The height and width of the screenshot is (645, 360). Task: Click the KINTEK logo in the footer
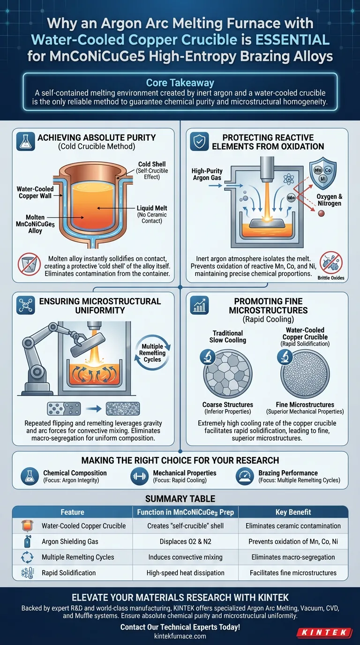click(x=324, y=632)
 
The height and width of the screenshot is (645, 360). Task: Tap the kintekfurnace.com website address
click(x=180, y=636)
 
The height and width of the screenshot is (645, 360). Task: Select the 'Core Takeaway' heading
click(x=180, y=82)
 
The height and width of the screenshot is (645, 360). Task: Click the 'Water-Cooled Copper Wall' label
click(x=35, y=192)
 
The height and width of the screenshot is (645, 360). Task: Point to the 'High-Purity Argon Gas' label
click(x=207, y=174)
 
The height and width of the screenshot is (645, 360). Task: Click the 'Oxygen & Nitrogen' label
click(x=330, y=200)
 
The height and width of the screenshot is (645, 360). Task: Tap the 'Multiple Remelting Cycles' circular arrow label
click(x=152, y=352)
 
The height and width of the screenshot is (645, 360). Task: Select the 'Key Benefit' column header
click(x=293, y=512)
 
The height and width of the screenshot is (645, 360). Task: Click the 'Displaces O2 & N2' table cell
click(x=186, y=541)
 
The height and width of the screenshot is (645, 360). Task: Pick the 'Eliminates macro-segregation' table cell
click(x=293, y=557)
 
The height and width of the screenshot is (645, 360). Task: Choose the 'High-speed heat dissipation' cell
click(x=186, y=573)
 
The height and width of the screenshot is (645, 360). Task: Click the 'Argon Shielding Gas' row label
click(x=70, y=541)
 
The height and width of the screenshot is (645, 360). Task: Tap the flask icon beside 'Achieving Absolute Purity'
click(x=26, y=142)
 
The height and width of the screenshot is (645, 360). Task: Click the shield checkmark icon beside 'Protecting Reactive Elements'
click(x=199, y=142)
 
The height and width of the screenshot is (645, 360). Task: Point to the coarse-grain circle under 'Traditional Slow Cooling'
click(x=228, y=374)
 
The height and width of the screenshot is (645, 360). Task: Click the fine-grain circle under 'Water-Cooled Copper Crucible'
click(x=305, y=374)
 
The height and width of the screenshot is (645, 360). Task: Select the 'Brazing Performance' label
click(x=288, y=473)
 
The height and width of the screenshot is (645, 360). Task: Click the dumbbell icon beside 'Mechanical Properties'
click(x=139, y=476)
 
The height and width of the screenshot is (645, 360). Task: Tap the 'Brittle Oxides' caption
click(x=331, y=278)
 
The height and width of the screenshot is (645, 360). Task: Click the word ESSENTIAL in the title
click(x=292, y=40)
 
